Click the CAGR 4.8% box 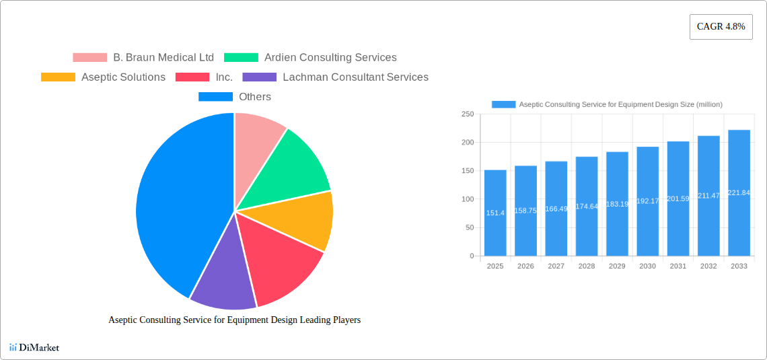[x=721, y=27]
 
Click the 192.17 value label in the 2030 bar [x=647, y=201]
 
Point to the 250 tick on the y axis [x=467, y=114]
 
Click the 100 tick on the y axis [x=467, y=199]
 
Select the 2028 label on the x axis [x=586, y=266]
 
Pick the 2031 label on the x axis [x=678, y=266]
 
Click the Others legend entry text [x=255, y=97]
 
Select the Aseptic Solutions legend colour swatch [x=58, y=77]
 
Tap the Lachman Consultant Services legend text [x=355, y=77]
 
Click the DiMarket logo [x=34, y=347]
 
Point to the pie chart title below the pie [x=234, y=320]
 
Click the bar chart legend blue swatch [x=503, y=104]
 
